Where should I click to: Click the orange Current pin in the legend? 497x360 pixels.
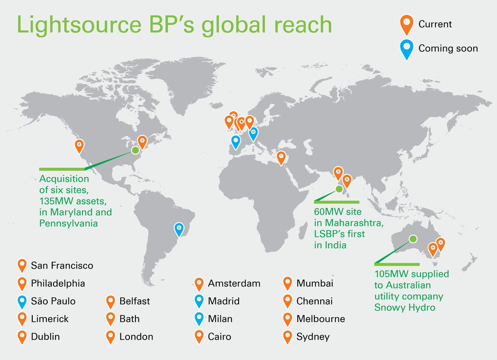point(408,25)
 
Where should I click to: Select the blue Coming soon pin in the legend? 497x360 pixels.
point(408,50)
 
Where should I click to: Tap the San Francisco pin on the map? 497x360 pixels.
point(79,146)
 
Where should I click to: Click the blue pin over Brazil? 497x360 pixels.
point(179,228)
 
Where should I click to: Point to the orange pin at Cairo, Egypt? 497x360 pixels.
point(281,158)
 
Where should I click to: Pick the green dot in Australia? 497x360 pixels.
point(413,238)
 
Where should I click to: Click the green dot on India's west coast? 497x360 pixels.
point(339,189)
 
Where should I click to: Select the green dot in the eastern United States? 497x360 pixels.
point(135,151)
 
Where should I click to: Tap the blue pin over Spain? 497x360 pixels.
point(236,142)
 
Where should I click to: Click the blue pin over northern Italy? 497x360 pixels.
point(253,133)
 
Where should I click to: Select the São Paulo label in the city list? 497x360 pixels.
point(53,301)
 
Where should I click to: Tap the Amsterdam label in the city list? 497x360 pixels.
point(234,283)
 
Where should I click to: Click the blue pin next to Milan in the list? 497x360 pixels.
point(199,319)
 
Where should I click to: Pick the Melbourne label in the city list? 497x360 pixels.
point(321,319)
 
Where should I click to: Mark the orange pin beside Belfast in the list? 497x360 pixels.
point(111,302)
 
